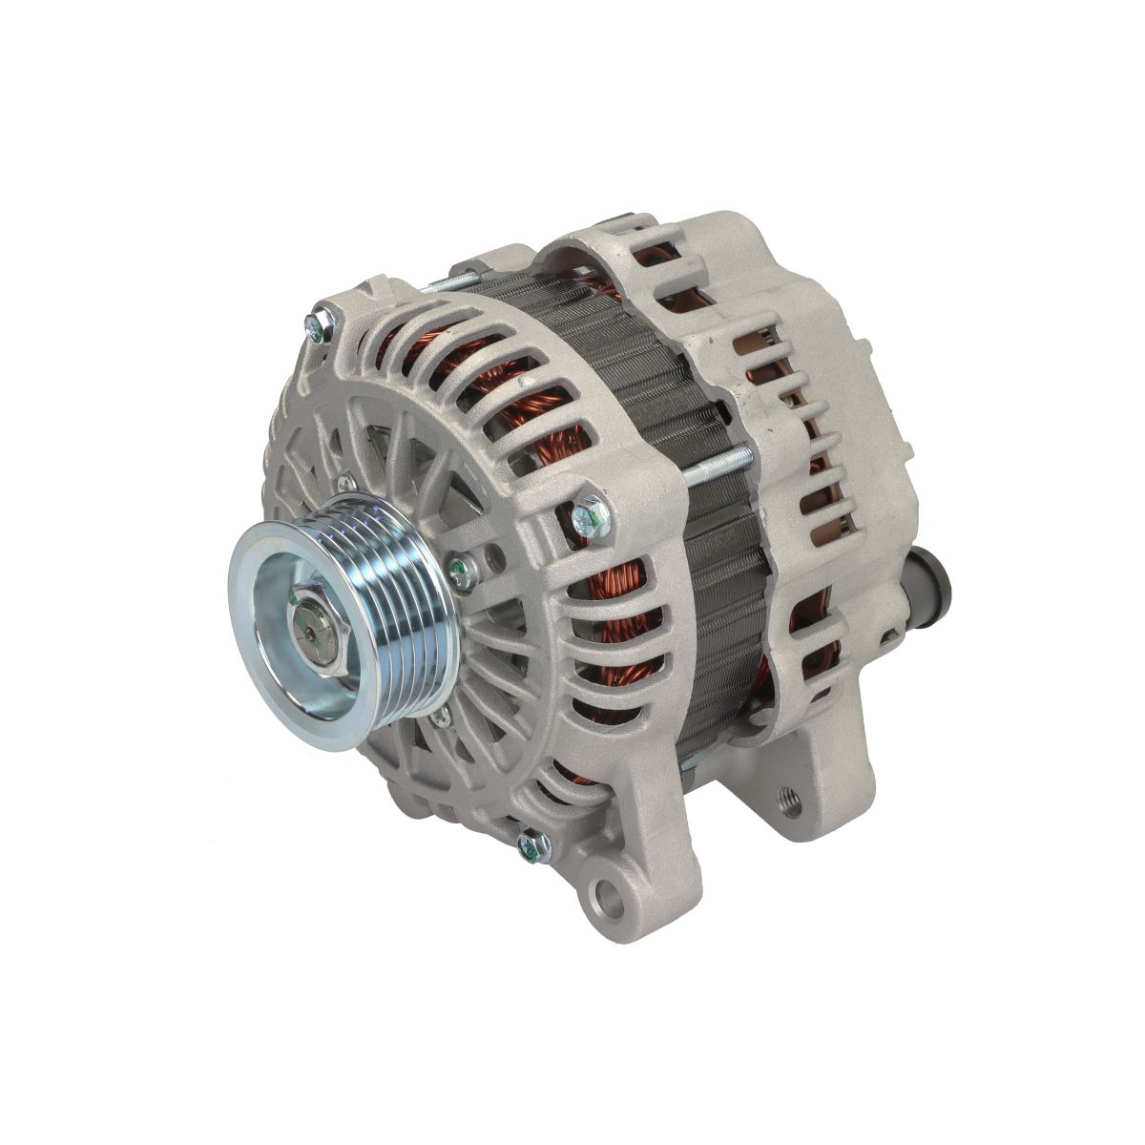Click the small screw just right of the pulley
click(460, 570)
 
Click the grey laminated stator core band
click(649, 401)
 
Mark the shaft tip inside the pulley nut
click(316, 631)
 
